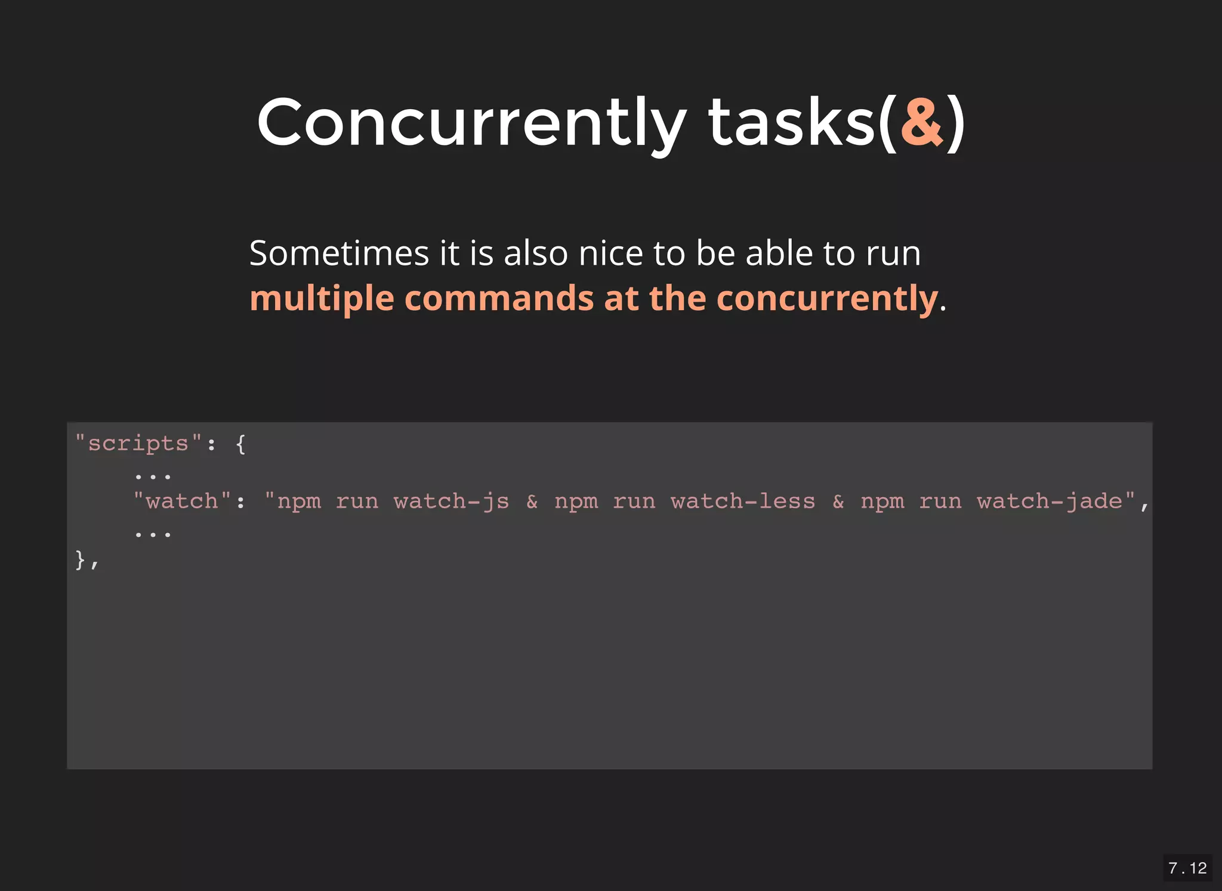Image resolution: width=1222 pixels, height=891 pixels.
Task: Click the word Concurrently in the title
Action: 471,122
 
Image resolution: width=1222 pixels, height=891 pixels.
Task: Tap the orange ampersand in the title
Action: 921,122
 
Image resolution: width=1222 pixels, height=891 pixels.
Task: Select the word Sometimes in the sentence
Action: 339,253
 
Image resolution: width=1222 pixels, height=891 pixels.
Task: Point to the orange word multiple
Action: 322,298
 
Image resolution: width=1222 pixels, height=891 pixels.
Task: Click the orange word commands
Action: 499,298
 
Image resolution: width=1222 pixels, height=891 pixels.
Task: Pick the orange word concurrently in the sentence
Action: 827,298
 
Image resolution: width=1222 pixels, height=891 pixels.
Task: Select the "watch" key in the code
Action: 182,502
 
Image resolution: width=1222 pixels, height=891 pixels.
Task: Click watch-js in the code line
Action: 452,502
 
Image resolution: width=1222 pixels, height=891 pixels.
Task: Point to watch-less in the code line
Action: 743,502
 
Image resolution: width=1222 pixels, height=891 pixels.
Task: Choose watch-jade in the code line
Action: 1050,502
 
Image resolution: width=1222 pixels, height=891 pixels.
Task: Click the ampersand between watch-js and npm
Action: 532,502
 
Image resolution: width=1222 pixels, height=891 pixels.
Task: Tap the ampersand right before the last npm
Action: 838,502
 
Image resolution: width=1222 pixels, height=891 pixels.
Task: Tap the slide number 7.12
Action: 1187,868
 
